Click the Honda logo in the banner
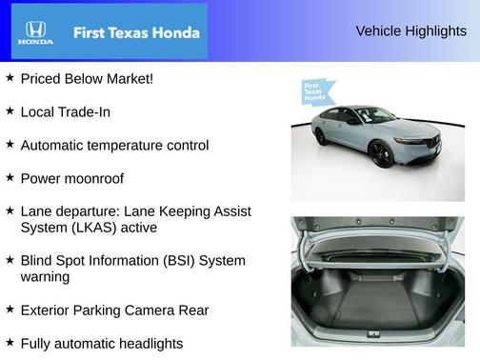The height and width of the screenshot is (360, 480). click(x=34, y=32)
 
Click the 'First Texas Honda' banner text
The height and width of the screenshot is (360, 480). click(x=136, y=32)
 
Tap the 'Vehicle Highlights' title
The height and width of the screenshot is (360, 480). click(x=410, y=30)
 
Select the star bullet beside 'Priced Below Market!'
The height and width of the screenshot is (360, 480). click(x=10, y=77)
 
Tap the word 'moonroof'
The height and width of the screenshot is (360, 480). click(x=93, y=178)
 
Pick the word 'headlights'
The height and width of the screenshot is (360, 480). click(x=149, y=343)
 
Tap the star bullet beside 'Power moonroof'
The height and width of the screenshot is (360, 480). click(x=10, y=177)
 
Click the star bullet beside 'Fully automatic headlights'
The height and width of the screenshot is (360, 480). click(x=10, y=342)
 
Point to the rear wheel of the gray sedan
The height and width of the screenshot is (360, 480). click(x=321, y=136)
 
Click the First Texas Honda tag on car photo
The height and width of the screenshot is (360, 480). click(x=315, y=91)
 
